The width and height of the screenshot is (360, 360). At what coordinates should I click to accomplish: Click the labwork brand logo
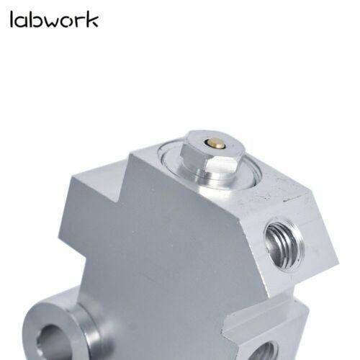point(54,19)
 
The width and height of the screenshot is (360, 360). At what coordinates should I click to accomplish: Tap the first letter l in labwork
point(12,19)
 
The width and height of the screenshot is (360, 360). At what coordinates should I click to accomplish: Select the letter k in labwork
point(92,19)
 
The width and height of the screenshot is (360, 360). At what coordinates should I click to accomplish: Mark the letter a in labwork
point(21,22)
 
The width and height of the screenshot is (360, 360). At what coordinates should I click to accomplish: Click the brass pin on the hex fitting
point(215,143)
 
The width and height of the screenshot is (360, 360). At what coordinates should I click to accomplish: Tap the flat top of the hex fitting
point(215,144)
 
